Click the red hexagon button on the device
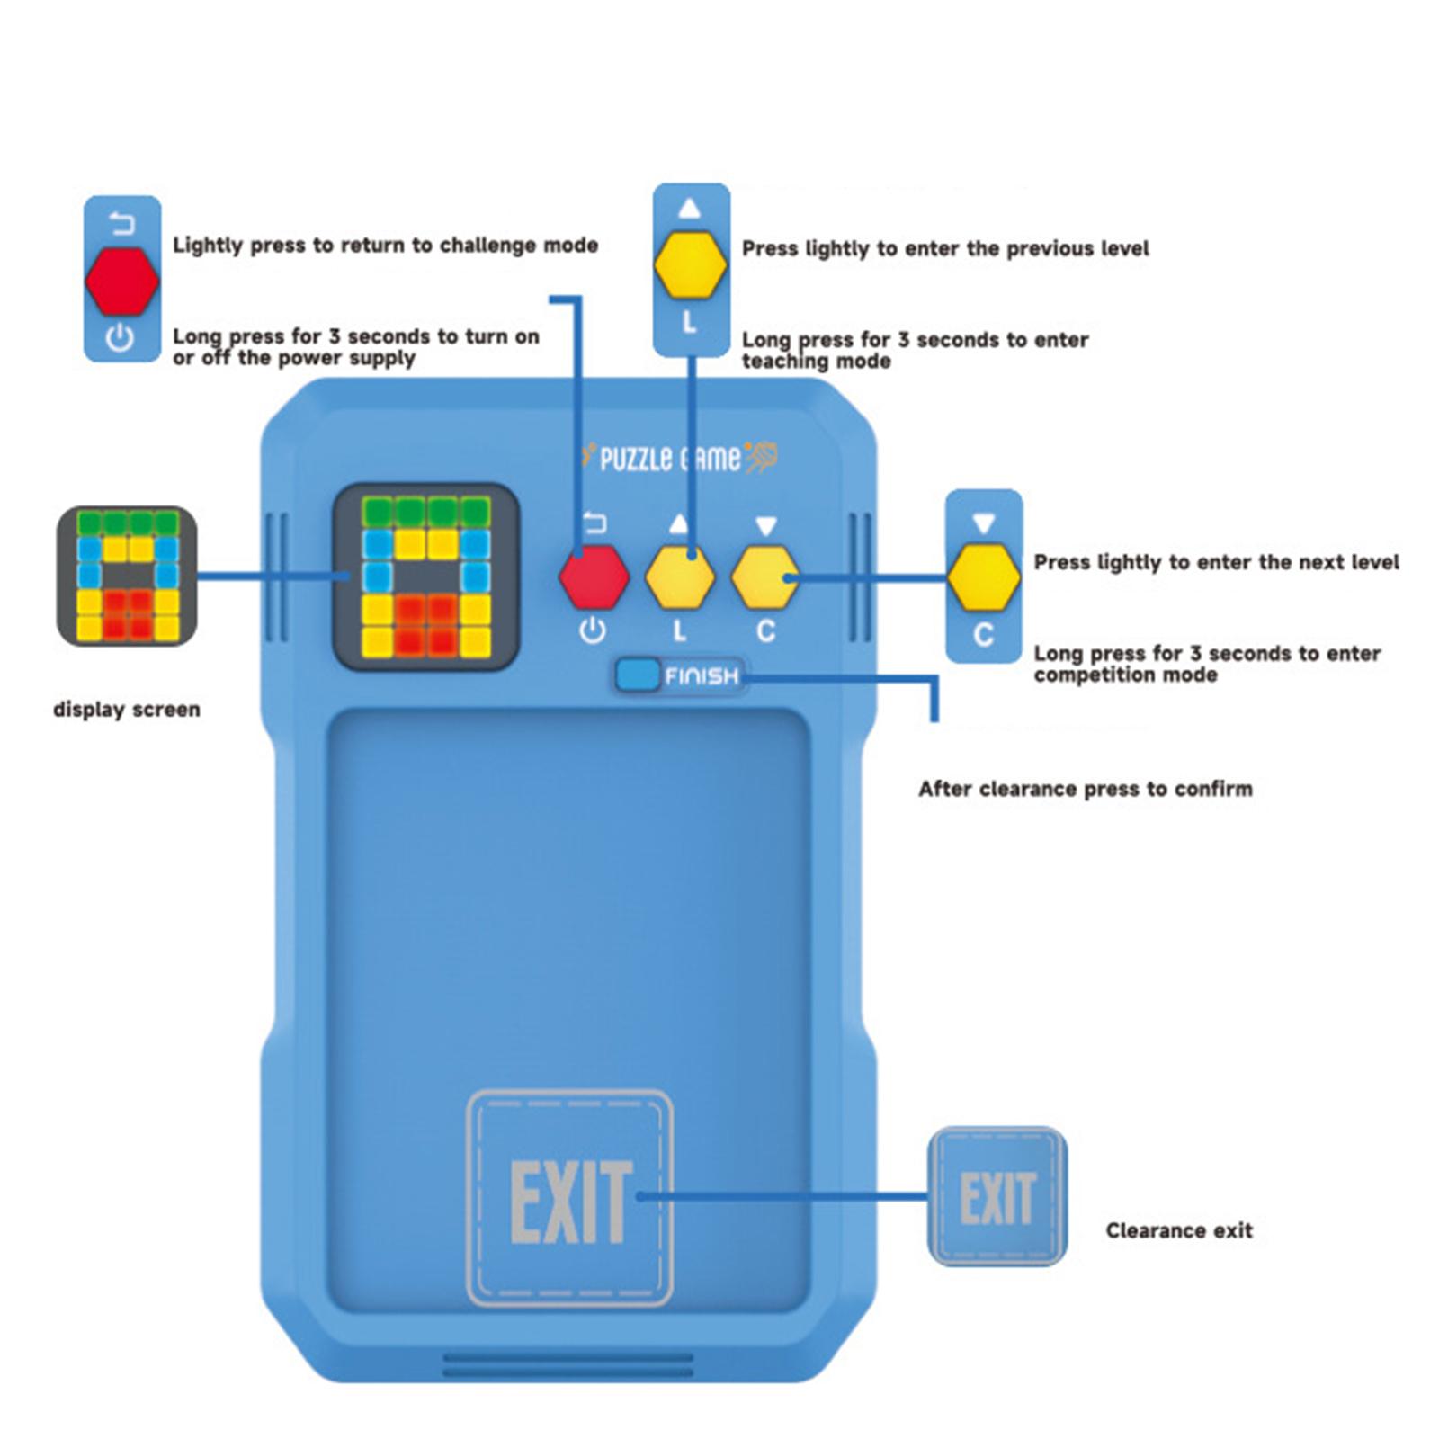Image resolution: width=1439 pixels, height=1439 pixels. click(x=594, y=576)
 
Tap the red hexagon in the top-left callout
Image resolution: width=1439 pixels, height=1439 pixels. click(x=122, y=281)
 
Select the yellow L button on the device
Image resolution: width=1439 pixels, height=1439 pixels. click(x=681, y=576)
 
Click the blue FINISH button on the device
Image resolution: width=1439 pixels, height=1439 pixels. click(x=639, y=675)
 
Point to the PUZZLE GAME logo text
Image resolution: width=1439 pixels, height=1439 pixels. click(x=670, y=460)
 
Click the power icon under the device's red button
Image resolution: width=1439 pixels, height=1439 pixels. click(x=592, y=630)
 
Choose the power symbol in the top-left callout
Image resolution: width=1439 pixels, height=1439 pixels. click(x=121, y=338)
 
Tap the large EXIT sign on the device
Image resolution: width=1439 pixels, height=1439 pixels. click(x=570, y=1199)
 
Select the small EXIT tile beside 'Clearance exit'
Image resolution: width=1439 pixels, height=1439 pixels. click(x=997, y=1197)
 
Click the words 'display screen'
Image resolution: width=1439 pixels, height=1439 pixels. click(x=127, y=710)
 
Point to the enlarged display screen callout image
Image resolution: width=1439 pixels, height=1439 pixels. click(x=127, y=576)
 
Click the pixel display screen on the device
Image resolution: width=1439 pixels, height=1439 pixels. click(x=426, y=576)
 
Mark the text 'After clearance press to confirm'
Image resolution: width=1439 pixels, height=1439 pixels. click(x=1085, y=789)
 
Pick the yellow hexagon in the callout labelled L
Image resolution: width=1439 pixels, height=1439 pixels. click(x=691, y=265)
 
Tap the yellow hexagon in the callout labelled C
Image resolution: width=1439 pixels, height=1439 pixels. click(x=984, y=576)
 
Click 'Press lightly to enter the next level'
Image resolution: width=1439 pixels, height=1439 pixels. click(x=1216, y=562)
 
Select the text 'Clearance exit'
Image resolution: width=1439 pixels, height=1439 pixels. click(x=1178, y=1230)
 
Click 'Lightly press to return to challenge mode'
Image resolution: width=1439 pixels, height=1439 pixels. click(x=385, y=246)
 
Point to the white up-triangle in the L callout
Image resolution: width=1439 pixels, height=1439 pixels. click(x=690, y=209)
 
